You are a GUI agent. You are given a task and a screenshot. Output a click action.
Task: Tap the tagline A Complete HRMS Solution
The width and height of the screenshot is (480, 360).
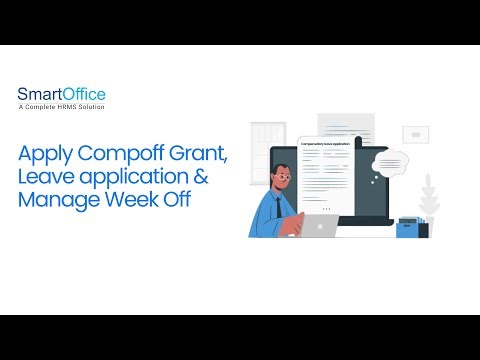coord(61,107)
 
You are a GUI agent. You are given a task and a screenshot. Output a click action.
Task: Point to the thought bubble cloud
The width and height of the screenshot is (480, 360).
coord(389,160)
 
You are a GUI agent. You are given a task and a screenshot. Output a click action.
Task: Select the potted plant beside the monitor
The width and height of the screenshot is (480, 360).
coord(430,196)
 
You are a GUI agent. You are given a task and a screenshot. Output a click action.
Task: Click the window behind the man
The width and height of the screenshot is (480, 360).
coord(268,138)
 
